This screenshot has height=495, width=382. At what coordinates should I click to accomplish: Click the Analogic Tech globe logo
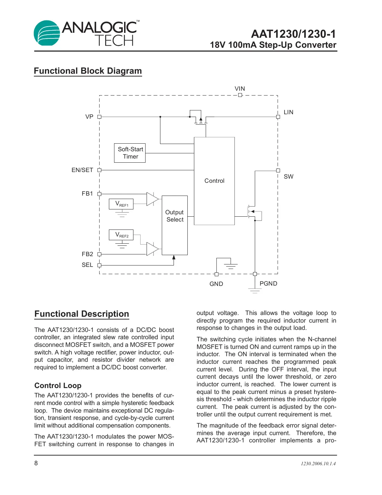coord(47,33)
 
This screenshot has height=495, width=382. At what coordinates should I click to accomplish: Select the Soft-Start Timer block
coord(130,153)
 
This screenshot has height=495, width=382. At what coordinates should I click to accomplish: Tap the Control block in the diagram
coord(214,181)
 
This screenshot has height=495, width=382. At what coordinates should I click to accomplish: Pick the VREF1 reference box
coord(121,204)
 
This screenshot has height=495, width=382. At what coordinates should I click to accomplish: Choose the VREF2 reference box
coord(121,235)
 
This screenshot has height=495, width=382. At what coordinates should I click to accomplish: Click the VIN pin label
coord(240,89)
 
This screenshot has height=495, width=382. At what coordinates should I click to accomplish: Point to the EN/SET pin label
coord(82,170)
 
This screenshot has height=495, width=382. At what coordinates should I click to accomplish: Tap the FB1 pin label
coord(87,193)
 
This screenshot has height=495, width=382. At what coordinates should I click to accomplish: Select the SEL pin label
coord(87,265)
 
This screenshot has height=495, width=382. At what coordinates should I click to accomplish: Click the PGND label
coord(268,283)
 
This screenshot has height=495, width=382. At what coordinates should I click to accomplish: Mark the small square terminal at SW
coord(278,170)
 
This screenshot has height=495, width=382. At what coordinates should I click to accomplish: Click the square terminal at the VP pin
coord(99,117)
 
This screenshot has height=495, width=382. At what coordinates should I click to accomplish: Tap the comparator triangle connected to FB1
coord(152,199)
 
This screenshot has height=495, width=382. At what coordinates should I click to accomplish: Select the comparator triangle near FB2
coord(152,249)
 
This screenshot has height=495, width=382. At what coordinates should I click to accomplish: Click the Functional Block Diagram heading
coord(88,71)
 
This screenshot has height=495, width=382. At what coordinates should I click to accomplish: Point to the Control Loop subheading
coord(58,386)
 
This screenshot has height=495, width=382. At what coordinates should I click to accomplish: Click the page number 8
coord(36,463)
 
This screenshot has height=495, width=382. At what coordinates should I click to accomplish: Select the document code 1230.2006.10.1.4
coord(318,463)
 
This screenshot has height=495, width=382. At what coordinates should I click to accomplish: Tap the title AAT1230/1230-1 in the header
coord(293,34)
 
